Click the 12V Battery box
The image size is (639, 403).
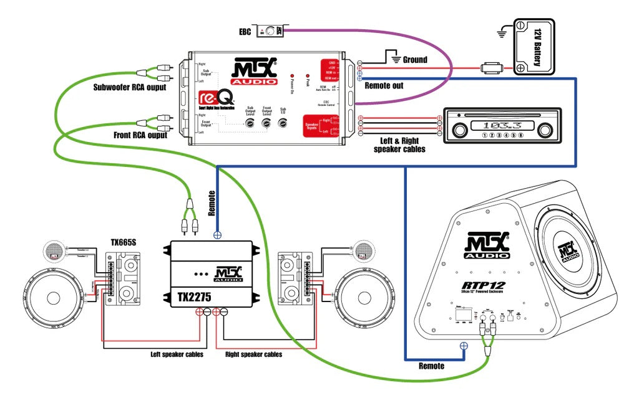point(534,47)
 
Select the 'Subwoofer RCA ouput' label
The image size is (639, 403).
point(130,88)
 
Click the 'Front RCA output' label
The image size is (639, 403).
point(140,134)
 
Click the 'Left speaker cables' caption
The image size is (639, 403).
point(177,354)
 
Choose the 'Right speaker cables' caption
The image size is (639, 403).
point(253,354)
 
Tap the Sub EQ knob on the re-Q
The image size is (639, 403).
point(283,123)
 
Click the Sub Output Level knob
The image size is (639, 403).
point(250,123)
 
